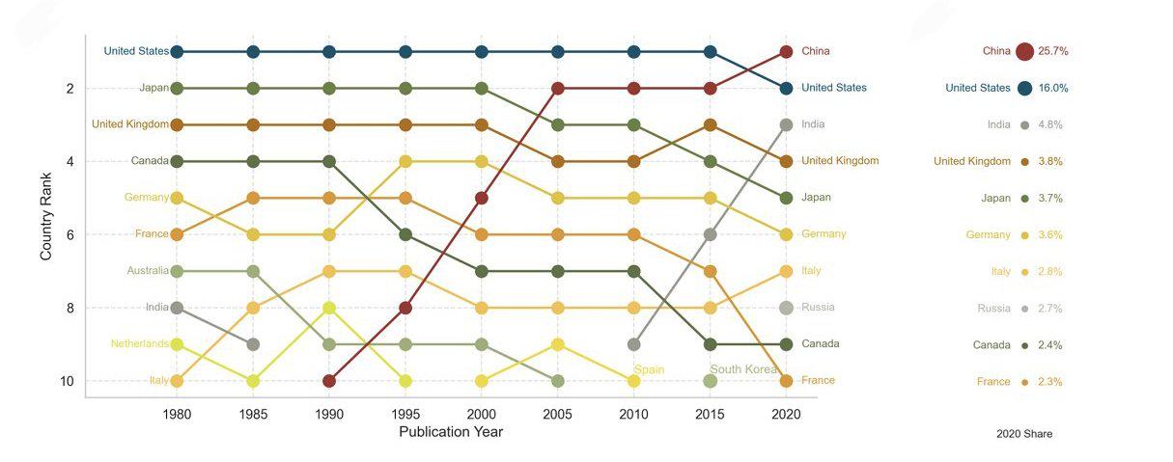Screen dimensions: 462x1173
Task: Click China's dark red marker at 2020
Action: tap(786, 51)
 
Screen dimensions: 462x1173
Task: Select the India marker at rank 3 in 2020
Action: tap(786, 124)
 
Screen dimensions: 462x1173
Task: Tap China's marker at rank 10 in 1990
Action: tap(329, 381)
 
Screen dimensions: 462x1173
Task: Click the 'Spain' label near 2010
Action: tap(649, 369)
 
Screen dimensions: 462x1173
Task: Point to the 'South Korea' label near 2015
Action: tap(743, 369)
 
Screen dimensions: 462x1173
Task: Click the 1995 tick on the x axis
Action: tap(405, 414)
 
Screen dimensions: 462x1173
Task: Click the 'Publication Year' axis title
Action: tap(451, 432)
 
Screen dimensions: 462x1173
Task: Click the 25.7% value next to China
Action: tap(1052, 51)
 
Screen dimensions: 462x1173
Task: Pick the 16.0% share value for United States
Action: tap(1053, 88)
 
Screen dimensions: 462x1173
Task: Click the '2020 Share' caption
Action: tap(1024, 434)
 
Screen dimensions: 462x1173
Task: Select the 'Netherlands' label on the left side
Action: tap(139, 344)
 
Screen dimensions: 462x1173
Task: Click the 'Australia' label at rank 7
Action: tap(147, 271)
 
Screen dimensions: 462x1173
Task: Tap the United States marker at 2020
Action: tap(786, 88)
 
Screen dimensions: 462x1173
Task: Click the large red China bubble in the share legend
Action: tap(1024, 51)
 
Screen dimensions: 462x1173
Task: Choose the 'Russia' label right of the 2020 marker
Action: tap(818, 308)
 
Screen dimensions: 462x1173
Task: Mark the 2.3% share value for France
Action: tap(1050, 382)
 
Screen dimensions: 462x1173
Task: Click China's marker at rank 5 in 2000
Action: tap(482, 198)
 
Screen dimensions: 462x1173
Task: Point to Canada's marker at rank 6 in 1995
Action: tap(405, 234)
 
